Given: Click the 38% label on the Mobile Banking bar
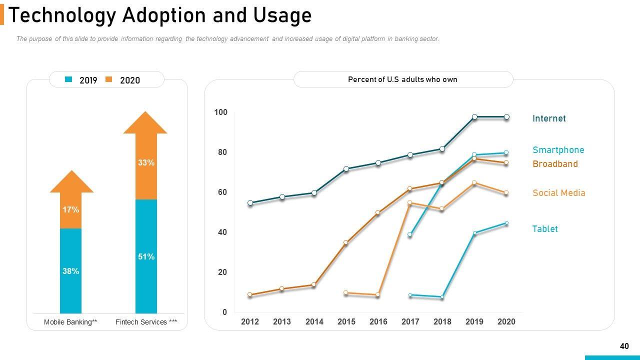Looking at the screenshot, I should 70,271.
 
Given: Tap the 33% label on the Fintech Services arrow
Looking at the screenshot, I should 146,162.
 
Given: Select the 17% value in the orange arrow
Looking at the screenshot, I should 70,210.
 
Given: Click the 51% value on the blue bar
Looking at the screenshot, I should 146,256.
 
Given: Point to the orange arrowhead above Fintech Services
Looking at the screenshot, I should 145,123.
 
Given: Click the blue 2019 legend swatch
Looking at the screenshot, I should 69,80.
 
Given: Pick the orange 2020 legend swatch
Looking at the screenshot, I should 109,80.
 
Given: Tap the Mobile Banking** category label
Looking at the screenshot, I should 70,322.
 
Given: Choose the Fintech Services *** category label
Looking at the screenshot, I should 146,322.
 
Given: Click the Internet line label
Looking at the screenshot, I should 549,118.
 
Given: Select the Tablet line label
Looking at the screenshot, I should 544,229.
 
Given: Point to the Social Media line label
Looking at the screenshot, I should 558,193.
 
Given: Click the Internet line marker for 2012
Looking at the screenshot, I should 250,203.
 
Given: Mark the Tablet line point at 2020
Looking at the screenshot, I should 506,223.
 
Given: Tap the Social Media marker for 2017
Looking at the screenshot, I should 410,202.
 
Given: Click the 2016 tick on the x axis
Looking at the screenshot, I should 378,322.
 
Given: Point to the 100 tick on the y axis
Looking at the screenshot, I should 220,112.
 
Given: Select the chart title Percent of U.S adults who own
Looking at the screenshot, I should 402,79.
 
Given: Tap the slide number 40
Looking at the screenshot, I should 624,346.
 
